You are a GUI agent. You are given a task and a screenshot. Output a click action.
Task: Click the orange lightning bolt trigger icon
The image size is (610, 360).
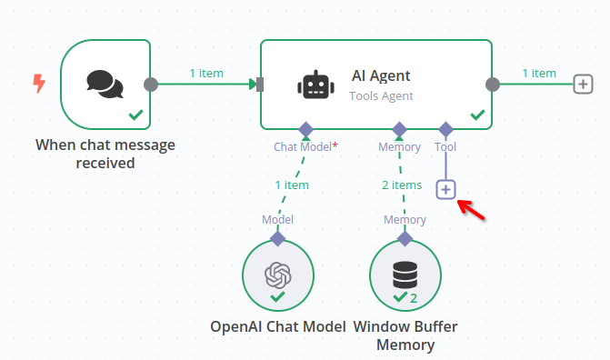pyautogui.click(x=38, y=85)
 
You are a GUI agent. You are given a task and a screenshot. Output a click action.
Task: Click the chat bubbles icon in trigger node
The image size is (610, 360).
pyautogui.click(x=105, y=84)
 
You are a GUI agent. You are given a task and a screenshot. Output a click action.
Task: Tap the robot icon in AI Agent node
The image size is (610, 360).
pyautogui.click(x=314, y=85)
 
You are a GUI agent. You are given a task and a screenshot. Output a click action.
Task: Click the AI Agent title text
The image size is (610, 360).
pyautogui.click(x=381, y=76)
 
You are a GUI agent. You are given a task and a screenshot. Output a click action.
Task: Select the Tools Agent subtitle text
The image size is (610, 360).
pyautogui.click(x=381, y=95)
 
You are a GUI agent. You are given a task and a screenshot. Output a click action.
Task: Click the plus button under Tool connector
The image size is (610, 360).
pyautogui.click(x=445, y=189)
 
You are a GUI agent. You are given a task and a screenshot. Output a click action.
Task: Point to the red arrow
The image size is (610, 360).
pyautogui.click(x=471, y=208)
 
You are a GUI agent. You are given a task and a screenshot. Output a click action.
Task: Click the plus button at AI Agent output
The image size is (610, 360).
pyautogui.click(x=583, y=85)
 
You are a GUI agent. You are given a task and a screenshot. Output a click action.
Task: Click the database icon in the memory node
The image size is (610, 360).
pyautogui.click(x=405, y=274)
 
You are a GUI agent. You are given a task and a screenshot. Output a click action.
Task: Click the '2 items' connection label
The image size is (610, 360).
pyautogui.click(x=401, y=185)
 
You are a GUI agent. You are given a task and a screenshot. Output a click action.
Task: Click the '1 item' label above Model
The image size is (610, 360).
pyautogui.click(x=291, y=185)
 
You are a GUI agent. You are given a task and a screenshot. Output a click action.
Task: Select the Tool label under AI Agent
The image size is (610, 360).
pyautogui.click(x=445, y=146)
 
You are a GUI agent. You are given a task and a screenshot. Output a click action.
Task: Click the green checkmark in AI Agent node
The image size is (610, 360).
pyautogui.click(x=476, y=115)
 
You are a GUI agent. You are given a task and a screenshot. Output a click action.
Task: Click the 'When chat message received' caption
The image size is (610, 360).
pyautogui.click(x=105, y=154)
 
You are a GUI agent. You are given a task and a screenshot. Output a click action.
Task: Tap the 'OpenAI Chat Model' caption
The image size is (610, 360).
pyautogui.click(x=277, y=326)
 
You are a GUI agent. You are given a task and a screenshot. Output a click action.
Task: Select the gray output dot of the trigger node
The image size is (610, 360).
pyautogui.click(x=151, y=85)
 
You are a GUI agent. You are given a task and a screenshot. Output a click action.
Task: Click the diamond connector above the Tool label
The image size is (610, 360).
pyautogui.click(x=445, y=128)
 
